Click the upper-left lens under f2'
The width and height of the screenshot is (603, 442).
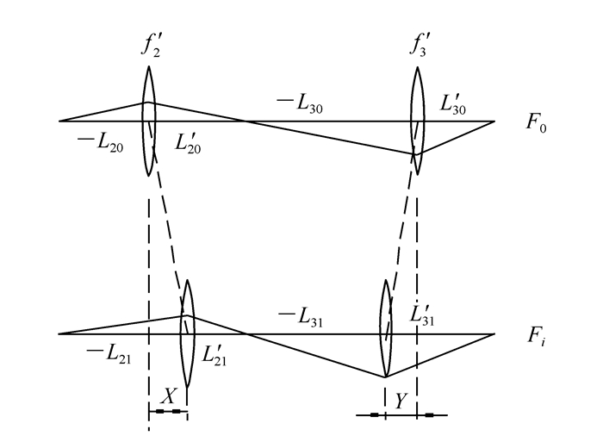click(x=149, y=121)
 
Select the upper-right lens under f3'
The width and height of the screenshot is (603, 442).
click(x=418, y=121)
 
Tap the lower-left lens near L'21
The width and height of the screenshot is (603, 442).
click(x=186, y=333)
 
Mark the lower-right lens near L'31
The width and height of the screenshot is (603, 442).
click(x=385, y=333)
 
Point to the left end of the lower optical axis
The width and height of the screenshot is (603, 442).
click(x=59, y=333)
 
